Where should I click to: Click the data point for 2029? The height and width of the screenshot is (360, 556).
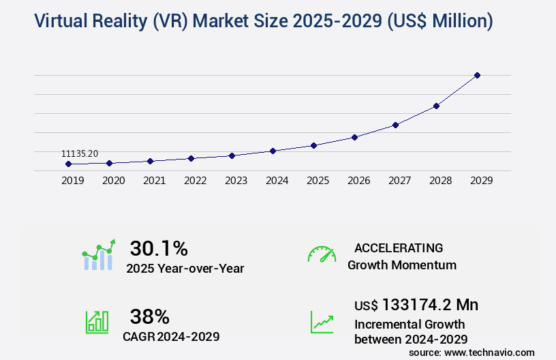[x=477, y=75]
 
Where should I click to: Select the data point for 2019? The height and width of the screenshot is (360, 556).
[x=68, y=164]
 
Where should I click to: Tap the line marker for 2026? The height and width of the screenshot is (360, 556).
[x=354, y=137]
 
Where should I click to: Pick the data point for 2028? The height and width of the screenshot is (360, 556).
[x=436, y=106]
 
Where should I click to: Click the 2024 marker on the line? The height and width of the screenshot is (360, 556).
[x=273, y=151]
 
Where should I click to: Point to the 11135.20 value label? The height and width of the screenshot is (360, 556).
[x=79, y=154]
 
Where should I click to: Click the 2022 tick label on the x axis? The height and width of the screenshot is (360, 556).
[x=195, y=181]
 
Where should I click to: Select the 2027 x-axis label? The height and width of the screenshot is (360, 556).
[x=399, y=181]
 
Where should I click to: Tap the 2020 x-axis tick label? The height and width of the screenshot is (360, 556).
[x=113, y=181]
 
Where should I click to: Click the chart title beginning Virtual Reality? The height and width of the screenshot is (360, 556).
[x=253, y=21]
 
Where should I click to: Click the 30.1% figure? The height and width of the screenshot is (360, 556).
[x=159, y=247]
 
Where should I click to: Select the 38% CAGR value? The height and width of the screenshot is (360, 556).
[x=149, y=316]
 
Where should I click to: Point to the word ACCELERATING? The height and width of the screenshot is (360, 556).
[x=399, y=247]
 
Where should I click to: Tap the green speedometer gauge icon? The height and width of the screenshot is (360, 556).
[x=322, y=254]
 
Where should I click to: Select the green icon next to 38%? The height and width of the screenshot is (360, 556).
[x=97, y=321]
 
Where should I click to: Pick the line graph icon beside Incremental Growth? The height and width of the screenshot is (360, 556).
[x=322, y=321]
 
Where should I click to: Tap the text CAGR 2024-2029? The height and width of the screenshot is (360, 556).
[x=171, y=336]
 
